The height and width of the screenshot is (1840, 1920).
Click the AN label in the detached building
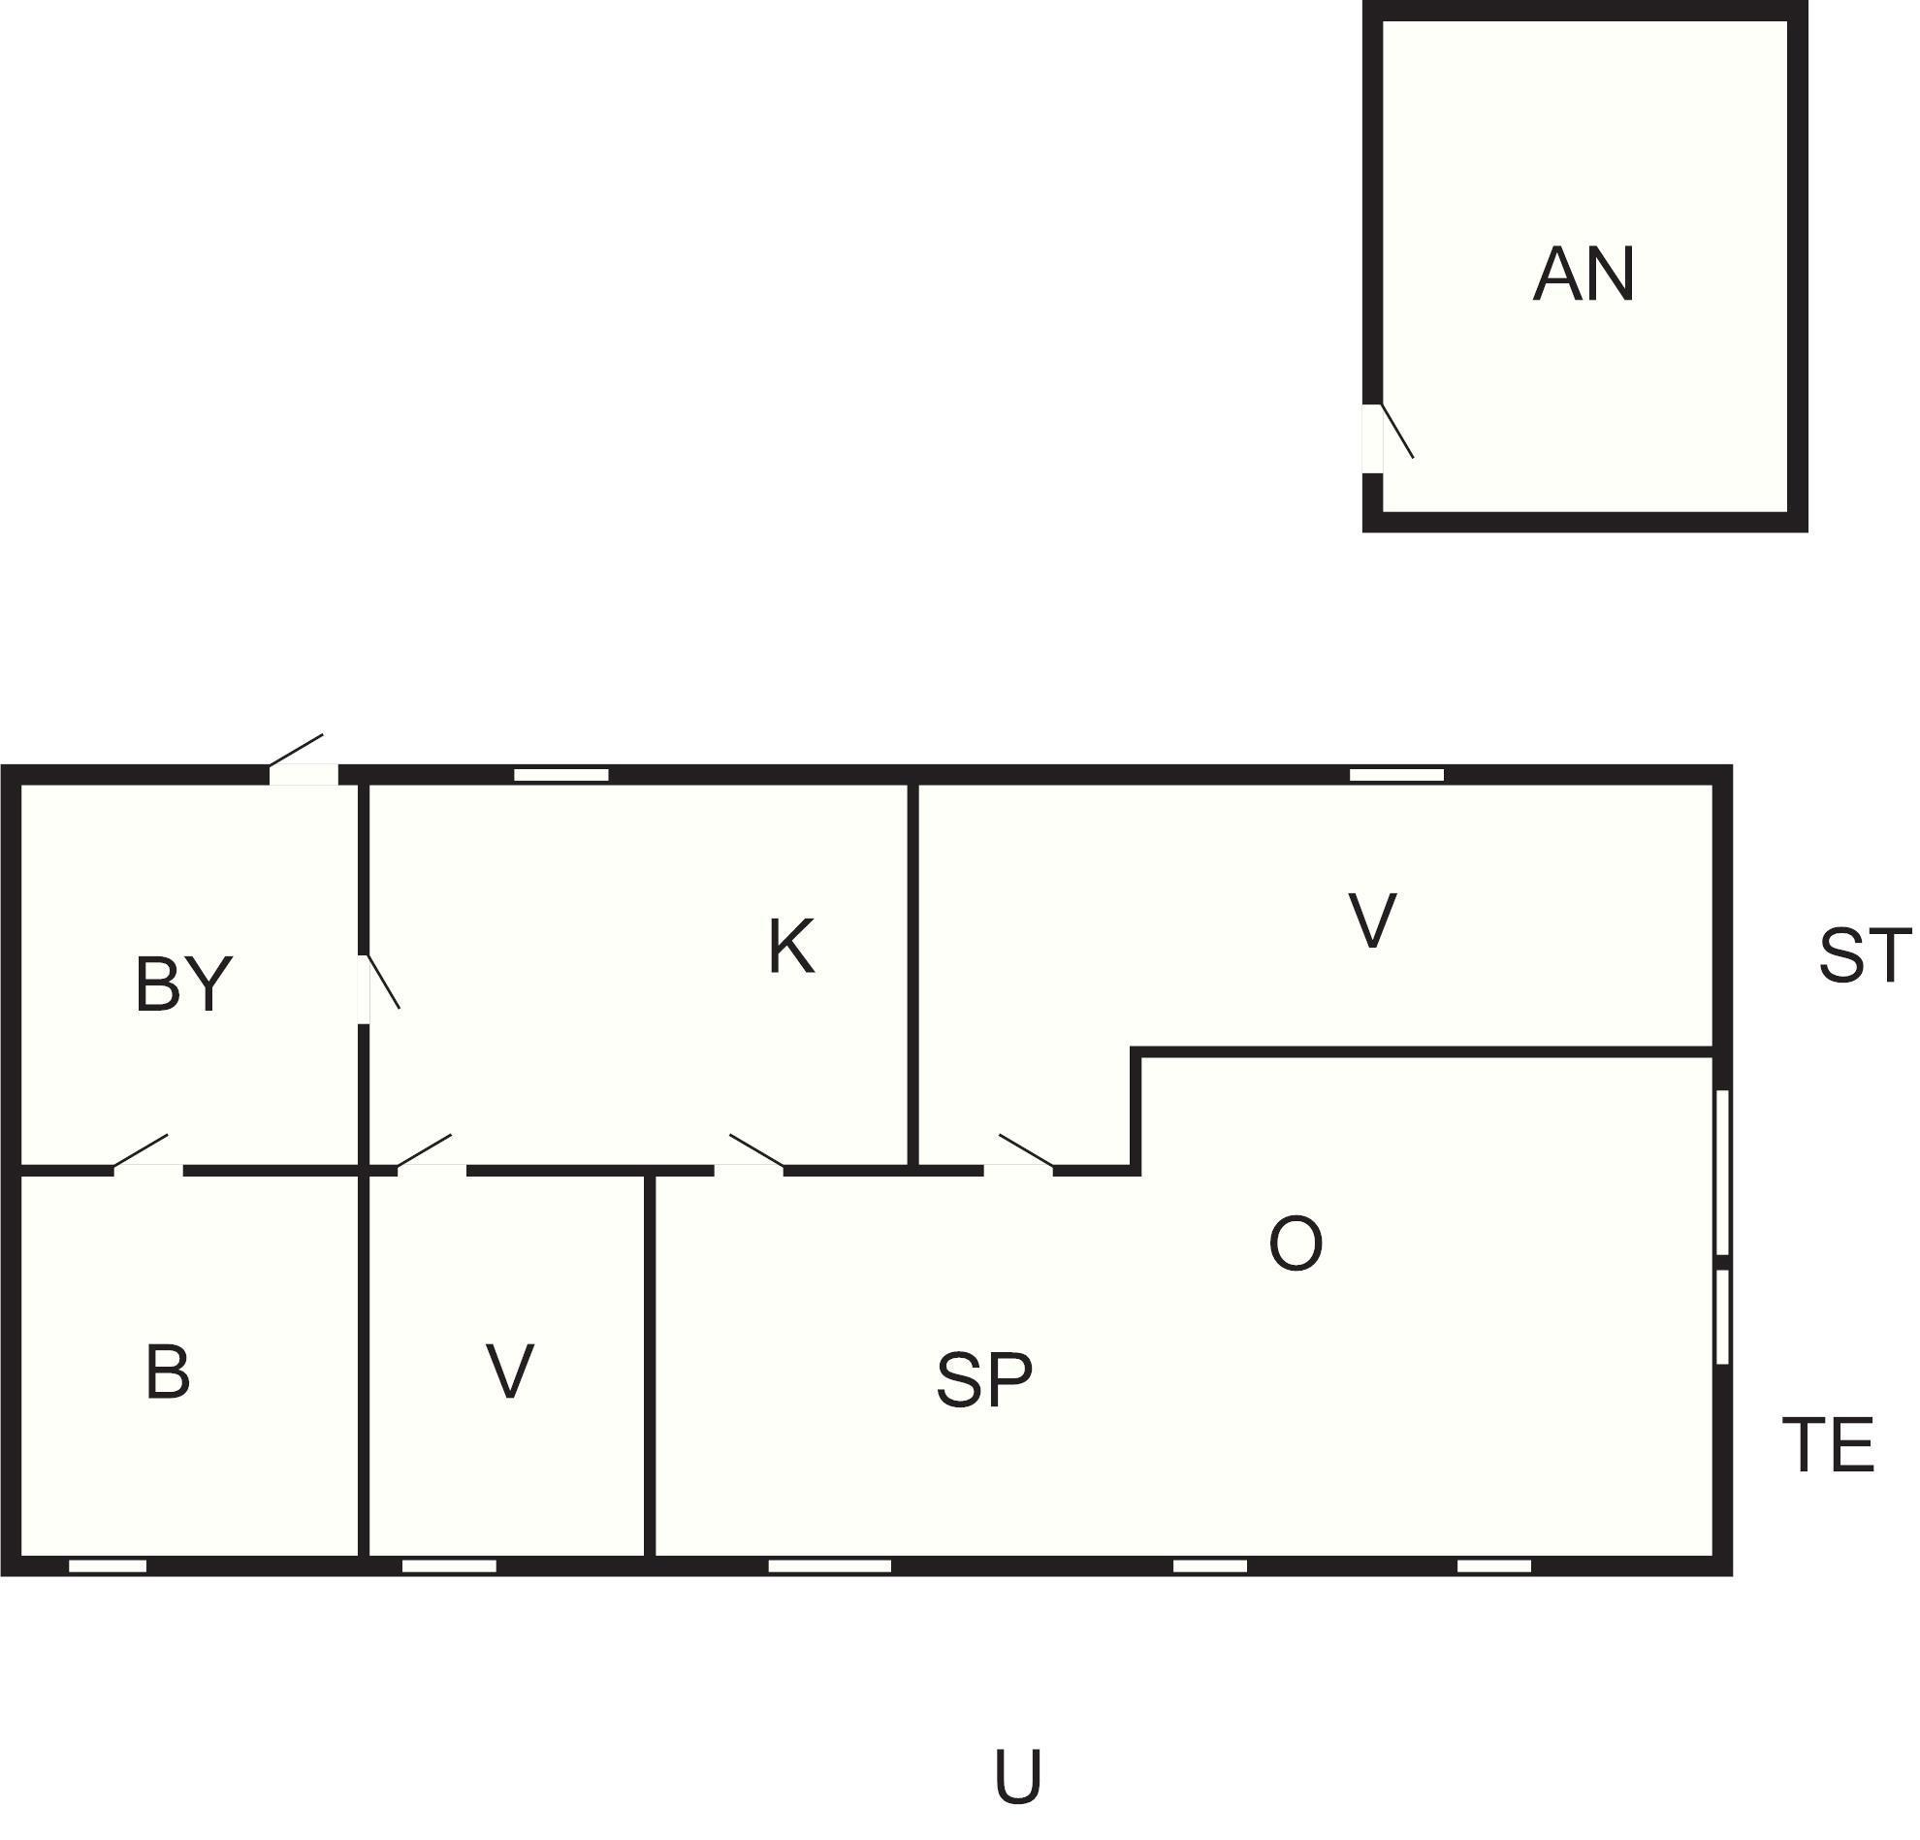1584,274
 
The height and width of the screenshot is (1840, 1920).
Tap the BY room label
183,984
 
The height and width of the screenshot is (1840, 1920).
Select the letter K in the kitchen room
791,947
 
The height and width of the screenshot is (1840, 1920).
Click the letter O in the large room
1296,1244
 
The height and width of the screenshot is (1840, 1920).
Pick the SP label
984,1380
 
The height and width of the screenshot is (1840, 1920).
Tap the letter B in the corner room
168,1372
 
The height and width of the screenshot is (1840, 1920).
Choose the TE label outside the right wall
1828,1445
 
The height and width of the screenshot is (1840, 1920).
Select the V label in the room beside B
509,1372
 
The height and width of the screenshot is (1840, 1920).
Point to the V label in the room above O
1372,921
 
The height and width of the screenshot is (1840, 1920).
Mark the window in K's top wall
561,775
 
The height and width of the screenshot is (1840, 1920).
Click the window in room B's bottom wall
108,1566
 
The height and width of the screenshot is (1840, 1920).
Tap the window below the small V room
450,1566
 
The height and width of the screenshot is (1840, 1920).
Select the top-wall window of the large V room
1397,775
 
